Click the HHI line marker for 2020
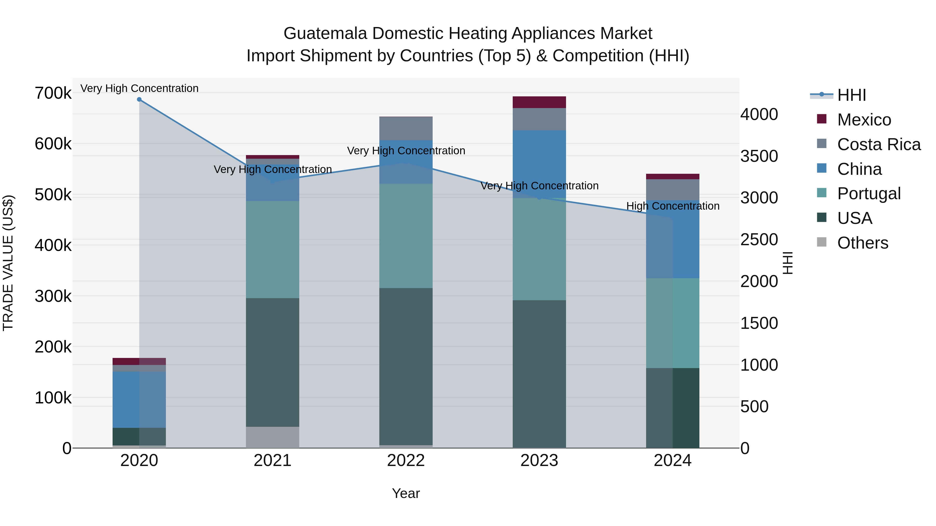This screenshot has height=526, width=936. tap(139, 99)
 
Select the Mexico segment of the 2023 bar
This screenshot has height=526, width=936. tap(539, 102)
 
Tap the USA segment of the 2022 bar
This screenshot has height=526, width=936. tap(406, 367)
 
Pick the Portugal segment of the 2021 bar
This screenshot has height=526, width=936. tap(272, 250)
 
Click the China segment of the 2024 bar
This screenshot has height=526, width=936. tap(673, 239)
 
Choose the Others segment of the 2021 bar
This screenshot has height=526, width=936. tap(272, 437)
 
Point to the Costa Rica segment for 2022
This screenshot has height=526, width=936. tap(406, 129)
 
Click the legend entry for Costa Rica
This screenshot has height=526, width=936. tap(879, 144)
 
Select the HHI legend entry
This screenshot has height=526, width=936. tap(851, 95)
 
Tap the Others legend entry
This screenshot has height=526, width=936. tap(862, 243)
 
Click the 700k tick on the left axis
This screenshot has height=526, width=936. tap(53, 93)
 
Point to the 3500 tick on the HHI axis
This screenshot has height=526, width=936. tap(759, 156)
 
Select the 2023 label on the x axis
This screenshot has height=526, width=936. tap(539, 461)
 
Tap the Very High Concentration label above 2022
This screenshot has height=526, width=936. tap(406, 151)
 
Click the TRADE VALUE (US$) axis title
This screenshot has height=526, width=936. tap(8, 263)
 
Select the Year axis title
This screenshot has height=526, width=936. tap(406, 493)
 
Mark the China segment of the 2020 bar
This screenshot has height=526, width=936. tap(139, 399)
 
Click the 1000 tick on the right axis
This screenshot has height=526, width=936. tap(759, 365)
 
